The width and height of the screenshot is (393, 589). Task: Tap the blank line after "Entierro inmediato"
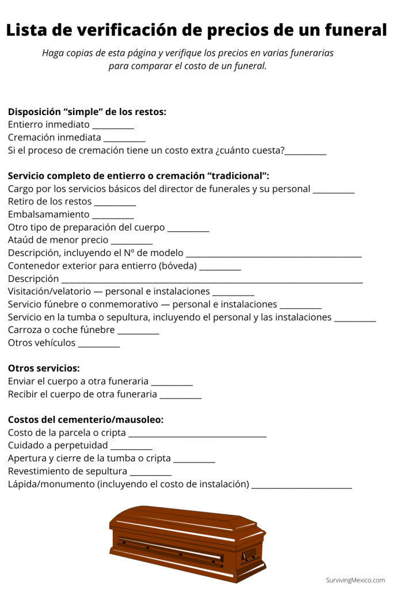(113, 127)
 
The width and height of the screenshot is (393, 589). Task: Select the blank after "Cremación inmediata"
(124, 140)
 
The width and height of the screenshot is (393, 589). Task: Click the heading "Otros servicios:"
(44, 368)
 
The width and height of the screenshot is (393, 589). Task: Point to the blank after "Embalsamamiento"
(113, 217)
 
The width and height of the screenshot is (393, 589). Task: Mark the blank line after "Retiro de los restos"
(115, 204)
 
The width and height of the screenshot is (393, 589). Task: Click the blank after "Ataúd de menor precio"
(131, 243)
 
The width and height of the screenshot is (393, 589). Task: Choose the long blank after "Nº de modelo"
(274, 256)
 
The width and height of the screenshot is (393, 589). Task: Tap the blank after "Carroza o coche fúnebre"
(138, 333)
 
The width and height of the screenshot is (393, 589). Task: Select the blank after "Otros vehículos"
(98, 346)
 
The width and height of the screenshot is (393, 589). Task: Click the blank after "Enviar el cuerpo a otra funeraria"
(171, 384)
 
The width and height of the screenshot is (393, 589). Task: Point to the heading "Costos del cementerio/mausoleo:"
(86, 420)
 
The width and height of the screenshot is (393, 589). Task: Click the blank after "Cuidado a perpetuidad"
(131, 449)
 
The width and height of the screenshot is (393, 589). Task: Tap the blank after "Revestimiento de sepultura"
(151, 475)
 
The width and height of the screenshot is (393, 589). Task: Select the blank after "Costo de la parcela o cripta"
(197, 436)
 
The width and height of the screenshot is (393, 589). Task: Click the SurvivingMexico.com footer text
(355, 580)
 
